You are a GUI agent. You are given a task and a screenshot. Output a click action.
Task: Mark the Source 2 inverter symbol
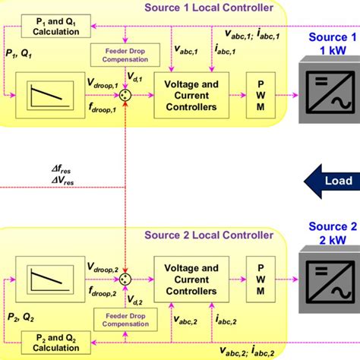pos(325,283)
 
